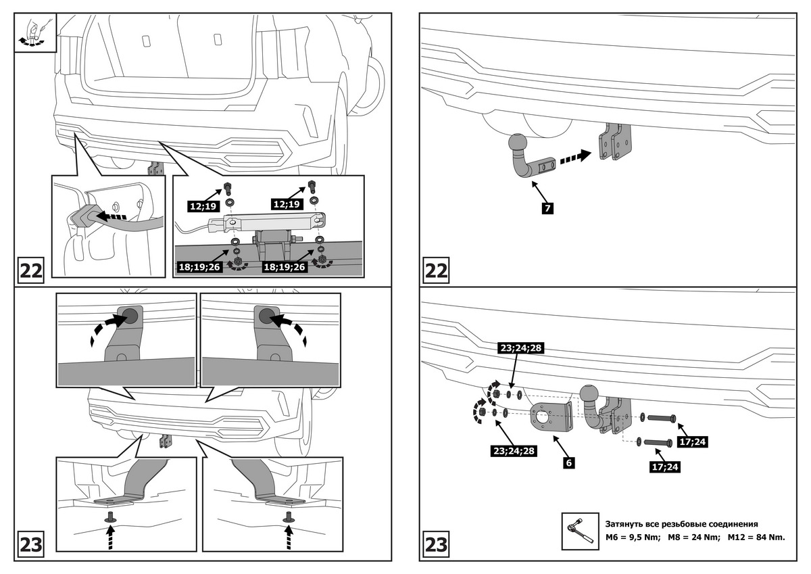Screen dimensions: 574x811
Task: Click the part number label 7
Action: pos(547,208)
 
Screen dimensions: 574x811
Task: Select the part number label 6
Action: pos(569,464)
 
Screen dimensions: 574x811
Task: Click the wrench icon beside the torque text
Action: pos(577,531)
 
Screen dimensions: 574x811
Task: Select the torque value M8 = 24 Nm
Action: pos(693,537)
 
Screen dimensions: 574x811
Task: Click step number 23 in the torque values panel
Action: pos(436,544)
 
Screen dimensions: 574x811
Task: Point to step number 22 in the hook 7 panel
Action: pos(436,270)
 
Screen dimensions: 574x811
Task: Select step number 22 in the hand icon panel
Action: pos(31,270)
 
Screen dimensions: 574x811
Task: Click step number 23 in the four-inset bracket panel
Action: pos(31,544)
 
